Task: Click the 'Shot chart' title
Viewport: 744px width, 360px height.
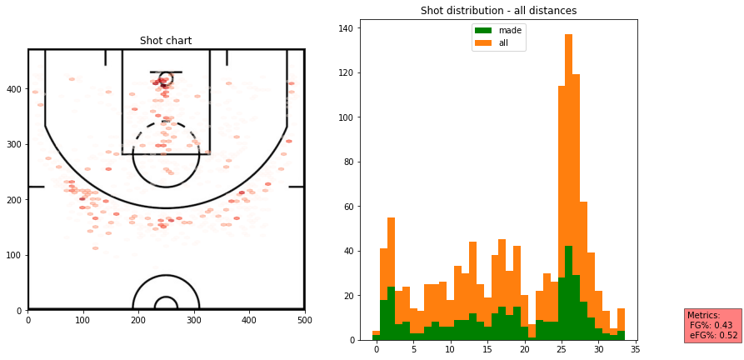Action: point(166,41)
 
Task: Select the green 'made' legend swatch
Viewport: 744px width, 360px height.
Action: point(484,30)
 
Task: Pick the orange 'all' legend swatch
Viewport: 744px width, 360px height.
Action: point(484,42)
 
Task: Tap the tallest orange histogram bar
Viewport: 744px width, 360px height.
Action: point(568,167)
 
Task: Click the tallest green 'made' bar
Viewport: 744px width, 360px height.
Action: point(568,292)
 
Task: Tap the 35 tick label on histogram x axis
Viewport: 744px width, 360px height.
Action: point(635,351)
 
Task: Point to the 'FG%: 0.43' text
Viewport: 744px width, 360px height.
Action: point(711,325)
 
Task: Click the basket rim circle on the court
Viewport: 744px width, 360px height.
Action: point(166,77)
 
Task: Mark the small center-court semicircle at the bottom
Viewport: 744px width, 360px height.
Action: point(166,302)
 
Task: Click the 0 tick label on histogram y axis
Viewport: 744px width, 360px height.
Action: point(352,340)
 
